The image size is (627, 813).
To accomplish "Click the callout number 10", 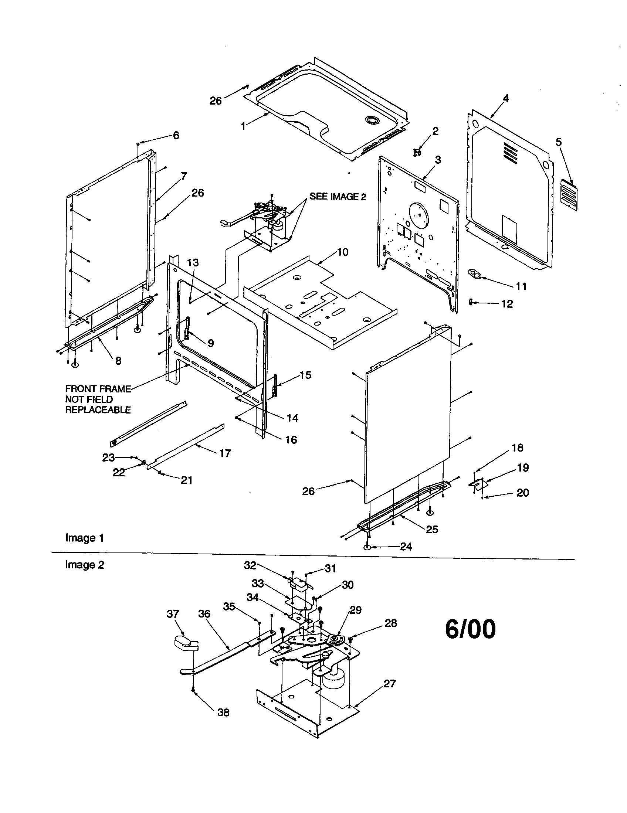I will pos(343,252).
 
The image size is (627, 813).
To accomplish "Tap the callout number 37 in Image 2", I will pos(173,614).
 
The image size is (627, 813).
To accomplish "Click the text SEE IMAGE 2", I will pos(338,197).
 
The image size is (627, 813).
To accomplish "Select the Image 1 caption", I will pos(85,538).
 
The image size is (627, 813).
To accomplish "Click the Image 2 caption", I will pos(85,565).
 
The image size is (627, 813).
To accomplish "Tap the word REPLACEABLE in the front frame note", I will pos(98,410).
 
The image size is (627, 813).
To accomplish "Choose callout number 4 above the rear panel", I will pos(506,99).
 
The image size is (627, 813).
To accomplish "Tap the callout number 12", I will pos(507,304).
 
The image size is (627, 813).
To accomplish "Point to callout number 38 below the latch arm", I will pos(223,712).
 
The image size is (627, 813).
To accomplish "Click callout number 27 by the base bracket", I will pos(389,683).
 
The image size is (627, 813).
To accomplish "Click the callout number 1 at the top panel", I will pos(243,126).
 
